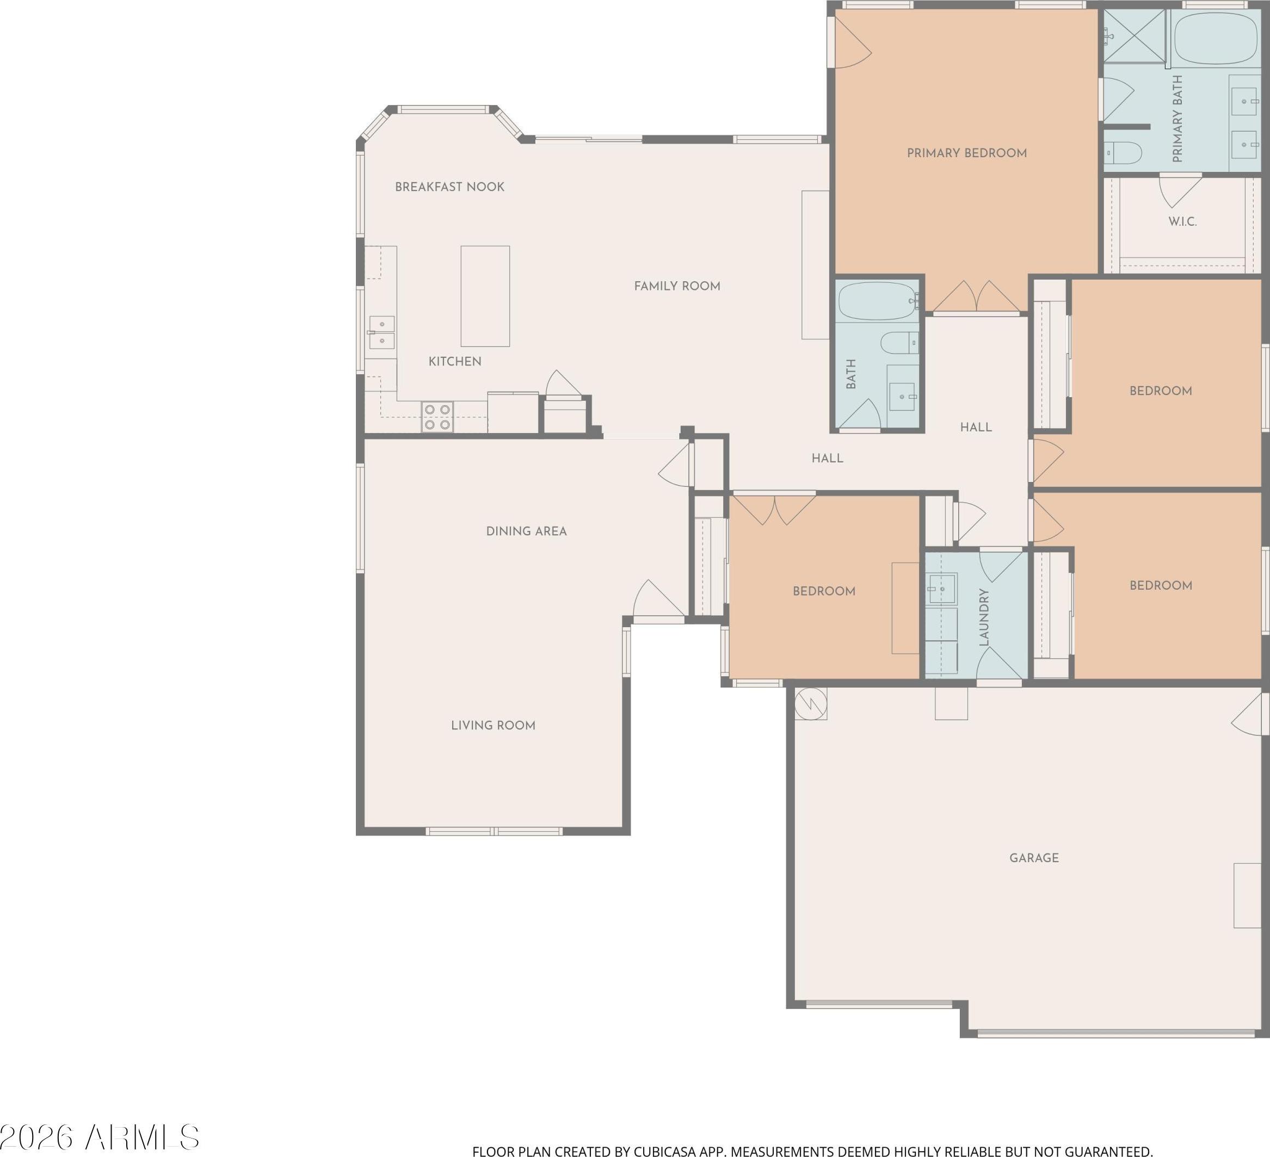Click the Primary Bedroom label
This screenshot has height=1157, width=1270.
click(x=966, y=153)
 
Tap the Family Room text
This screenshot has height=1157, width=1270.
click(x=677, y=286)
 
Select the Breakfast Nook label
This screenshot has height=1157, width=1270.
click(x=450, y=187)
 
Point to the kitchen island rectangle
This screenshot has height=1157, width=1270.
click(x=485, y=296)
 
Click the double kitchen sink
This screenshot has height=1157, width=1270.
click(x=382, y=332)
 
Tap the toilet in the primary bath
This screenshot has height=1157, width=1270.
click(x=1123, y=152)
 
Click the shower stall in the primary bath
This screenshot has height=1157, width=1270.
click(x=1135, y=36)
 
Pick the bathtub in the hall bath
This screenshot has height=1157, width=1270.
click(x=878, y=301)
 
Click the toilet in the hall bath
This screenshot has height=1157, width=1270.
click(x=899, y=343)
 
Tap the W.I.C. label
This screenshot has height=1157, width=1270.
click(x=1182, y=222)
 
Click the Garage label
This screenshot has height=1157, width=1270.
click(x=1034, y=858)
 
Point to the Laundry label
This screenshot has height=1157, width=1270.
click(x=984, y=618)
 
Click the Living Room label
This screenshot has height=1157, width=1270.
click(x=494, y=726)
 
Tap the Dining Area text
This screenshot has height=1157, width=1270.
click(x=527, y=531)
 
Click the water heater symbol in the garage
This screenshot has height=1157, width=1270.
click(x=811, y=703)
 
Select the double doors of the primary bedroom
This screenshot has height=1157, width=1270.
click(x=976, y=298)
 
